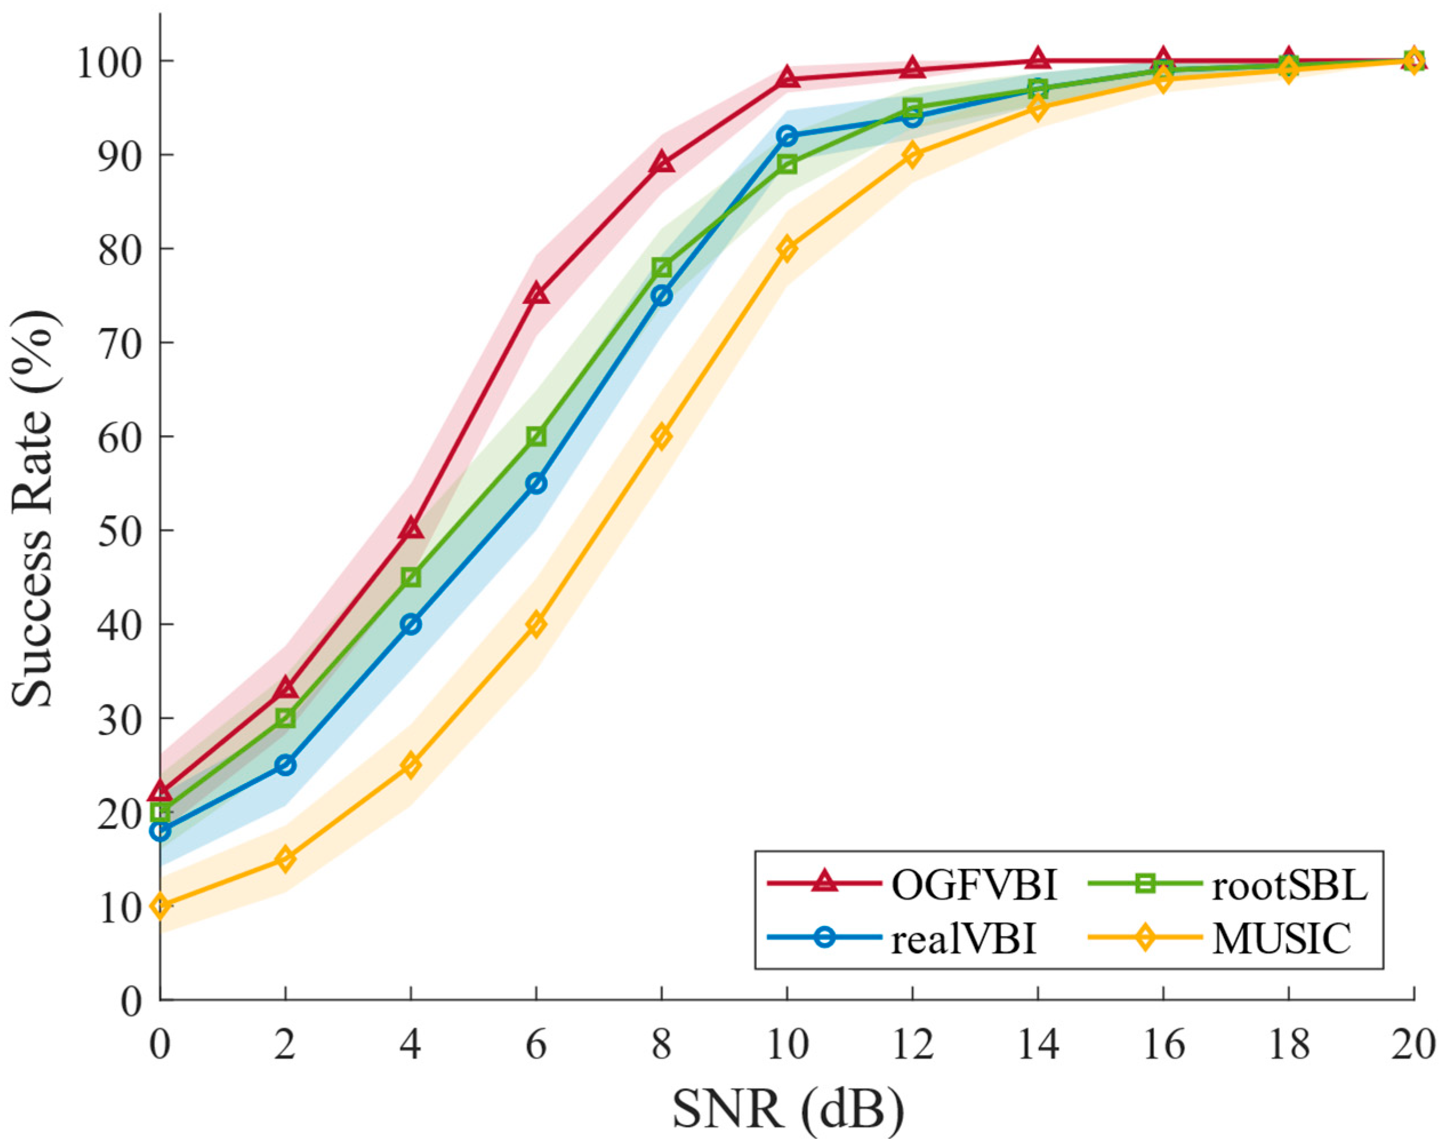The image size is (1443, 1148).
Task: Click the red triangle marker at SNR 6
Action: pos(537,295)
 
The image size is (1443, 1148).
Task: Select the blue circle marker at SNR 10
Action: pos(788,136)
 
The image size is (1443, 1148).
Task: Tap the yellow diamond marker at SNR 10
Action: pos(788,248)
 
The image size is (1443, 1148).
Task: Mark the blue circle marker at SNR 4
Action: pos(411,624)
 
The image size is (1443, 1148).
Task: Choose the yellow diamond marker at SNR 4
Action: pos(411,765)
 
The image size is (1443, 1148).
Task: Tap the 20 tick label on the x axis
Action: pos(1412,1045)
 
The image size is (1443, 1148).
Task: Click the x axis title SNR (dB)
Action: pos(788,1110)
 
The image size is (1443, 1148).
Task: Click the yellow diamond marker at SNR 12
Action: pos(913,155)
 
